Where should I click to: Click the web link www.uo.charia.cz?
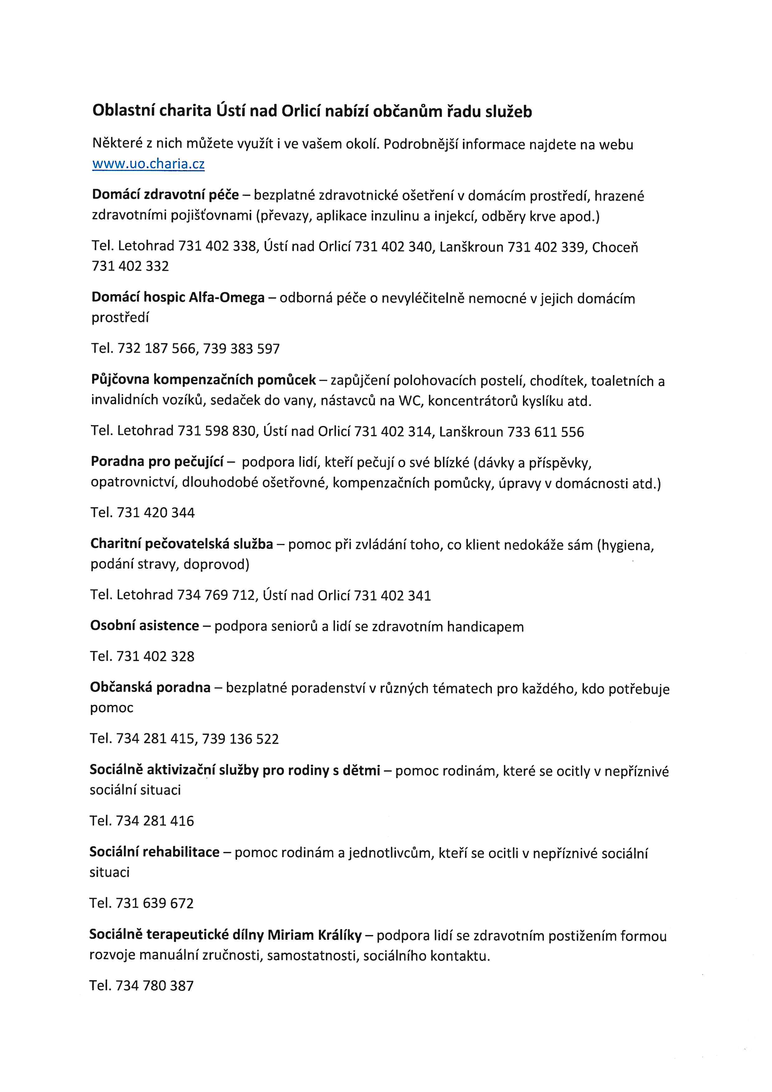click(148, 164)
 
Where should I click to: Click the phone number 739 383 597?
click(242, 349)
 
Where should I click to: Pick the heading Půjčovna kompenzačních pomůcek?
click(204, 380)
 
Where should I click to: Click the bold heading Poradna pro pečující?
click(157, 462)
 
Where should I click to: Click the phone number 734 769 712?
click(216, 595)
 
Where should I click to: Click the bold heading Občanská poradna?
click(150, 688)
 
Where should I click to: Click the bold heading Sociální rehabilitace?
click(154, 852)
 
